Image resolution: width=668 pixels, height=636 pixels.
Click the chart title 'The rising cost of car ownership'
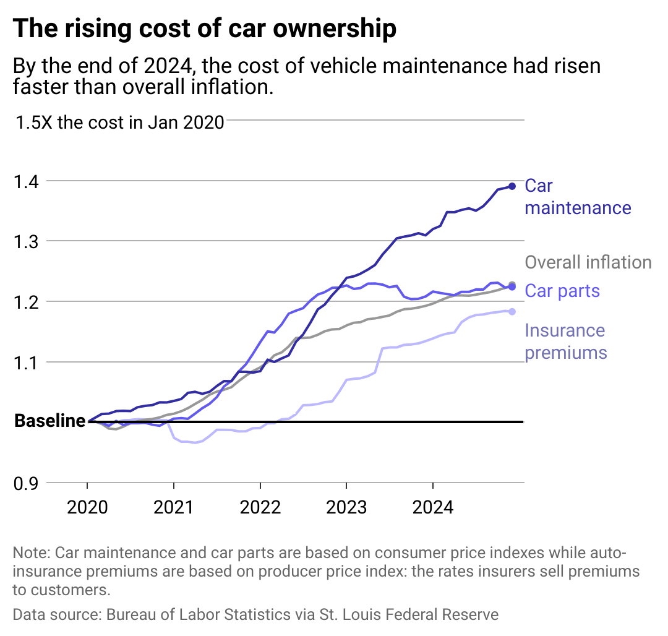tap(204, 28)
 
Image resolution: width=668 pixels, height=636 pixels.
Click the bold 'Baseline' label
tap(49, 421)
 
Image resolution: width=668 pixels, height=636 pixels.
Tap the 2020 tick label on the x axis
tap(87, 508)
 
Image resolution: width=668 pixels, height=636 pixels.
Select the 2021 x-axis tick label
tap(174, 508)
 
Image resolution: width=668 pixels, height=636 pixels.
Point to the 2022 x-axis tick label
tap(260, 508)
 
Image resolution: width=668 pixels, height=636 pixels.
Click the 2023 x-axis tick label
tap(346, 508)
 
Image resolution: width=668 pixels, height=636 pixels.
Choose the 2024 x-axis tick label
tap(433, 508)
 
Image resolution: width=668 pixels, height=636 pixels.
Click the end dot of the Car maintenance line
tap(512, 186)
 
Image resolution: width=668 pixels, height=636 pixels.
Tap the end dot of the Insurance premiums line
tap(512, 311)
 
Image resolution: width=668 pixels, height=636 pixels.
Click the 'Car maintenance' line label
tap(577, 197)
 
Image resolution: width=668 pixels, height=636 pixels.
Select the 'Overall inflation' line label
tap(588, 262)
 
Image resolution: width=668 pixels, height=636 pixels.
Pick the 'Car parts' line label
tap(562, 291)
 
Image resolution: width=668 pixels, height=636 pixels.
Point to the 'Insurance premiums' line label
tap(565, 342)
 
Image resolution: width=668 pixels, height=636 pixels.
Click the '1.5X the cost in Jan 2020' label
tap(119, 122)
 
